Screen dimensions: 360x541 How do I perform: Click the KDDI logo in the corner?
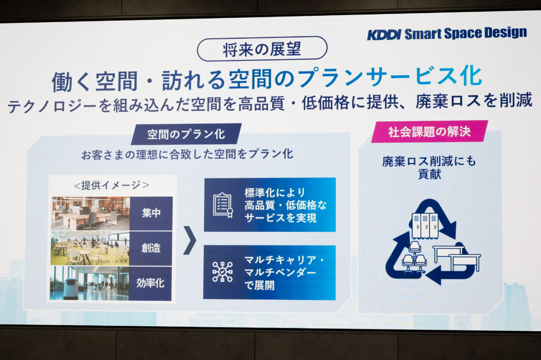click(x=384, y=34)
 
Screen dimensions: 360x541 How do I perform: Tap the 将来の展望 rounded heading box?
click(x=262, y=49)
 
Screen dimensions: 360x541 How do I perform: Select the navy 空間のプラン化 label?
click(x=186, y=134)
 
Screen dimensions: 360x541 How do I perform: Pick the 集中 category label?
click(x=151, y=213)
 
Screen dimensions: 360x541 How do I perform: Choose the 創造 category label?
click(x=151, y=248)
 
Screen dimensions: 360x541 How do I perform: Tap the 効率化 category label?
click(x=151, y=283)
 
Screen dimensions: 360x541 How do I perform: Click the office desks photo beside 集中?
click(x=90, y=213)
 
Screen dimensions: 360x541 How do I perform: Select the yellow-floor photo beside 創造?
click(x=90, y=248)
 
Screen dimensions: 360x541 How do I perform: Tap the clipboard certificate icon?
click(x=223, y=205)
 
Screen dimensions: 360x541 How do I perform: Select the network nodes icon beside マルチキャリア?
click(x=223, y=272)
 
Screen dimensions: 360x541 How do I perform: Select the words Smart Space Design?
click(x=465, y=33)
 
